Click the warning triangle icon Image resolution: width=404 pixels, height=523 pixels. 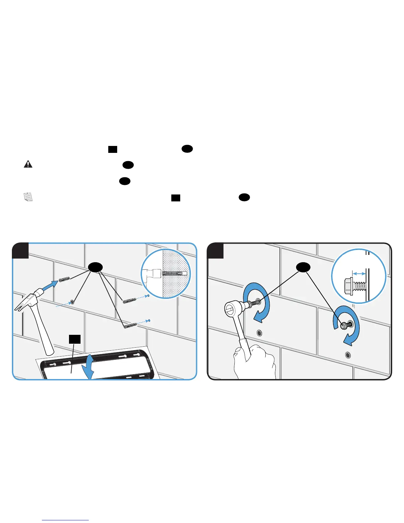[28, 164]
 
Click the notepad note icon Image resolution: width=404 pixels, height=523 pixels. [28, 197]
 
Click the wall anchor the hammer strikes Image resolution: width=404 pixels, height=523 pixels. [64, 280]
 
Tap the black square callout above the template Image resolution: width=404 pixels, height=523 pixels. [75, 339]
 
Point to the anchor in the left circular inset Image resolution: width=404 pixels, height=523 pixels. [174, 274]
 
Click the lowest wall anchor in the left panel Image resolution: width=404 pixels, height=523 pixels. [130, 326]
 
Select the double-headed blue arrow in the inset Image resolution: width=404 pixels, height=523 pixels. [359, 273]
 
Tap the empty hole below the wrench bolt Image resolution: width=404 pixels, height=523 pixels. [259, 333]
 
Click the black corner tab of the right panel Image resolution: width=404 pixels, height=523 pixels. [215, 251]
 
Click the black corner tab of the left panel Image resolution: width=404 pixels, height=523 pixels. [20, 251]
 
